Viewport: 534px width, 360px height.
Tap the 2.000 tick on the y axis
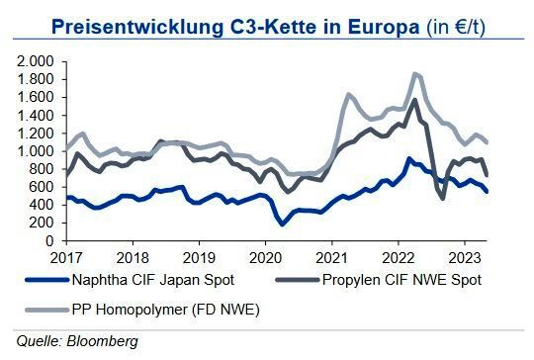[x=37, y=61]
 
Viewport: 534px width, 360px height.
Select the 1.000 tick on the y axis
[x=37, y=151]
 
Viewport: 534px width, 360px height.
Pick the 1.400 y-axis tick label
[x=37, y=115]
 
